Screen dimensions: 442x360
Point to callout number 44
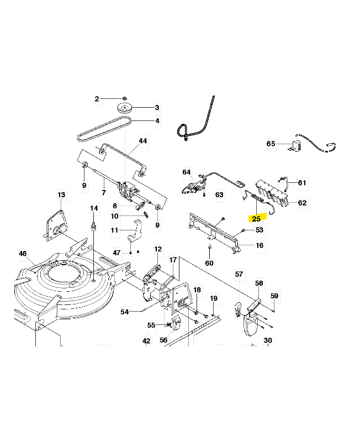tap(143, 141)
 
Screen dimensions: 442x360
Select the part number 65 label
tap(271, 144)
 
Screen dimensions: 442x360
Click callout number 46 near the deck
tap(23, 254)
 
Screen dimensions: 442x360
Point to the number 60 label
tap(210, 263)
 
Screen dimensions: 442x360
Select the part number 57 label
tap(239, 274)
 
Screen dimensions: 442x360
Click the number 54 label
tap(125, 312)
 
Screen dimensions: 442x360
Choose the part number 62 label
tap(302, 203)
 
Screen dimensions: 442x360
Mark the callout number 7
tap(103, 193)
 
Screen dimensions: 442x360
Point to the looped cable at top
tap(196, 122)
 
